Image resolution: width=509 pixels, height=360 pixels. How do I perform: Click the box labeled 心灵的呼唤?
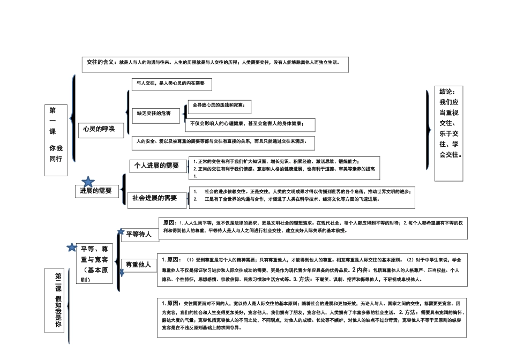[99, 129]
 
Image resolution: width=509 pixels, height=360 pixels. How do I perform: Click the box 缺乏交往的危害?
[154, 113]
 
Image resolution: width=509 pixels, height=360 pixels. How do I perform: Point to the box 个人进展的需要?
[156, 166]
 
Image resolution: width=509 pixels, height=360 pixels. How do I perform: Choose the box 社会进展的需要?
[154, 198]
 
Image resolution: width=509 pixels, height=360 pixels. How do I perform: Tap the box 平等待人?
[139, 234]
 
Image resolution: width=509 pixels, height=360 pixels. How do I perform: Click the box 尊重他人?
[138, 265]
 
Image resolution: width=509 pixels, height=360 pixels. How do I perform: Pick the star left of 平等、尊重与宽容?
[71, 247]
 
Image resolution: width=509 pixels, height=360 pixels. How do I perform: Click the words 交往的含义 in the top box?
[101, 62]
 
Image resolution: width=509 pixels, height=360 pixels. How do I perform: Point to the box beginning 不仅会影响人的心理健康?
[250, 124]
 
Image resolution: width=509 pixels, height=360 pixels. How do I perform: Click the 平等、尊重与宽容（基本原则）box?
[94, 264]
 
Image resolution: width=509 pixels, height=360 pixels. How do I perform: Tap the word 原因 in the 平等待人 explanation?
[169, 222]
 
